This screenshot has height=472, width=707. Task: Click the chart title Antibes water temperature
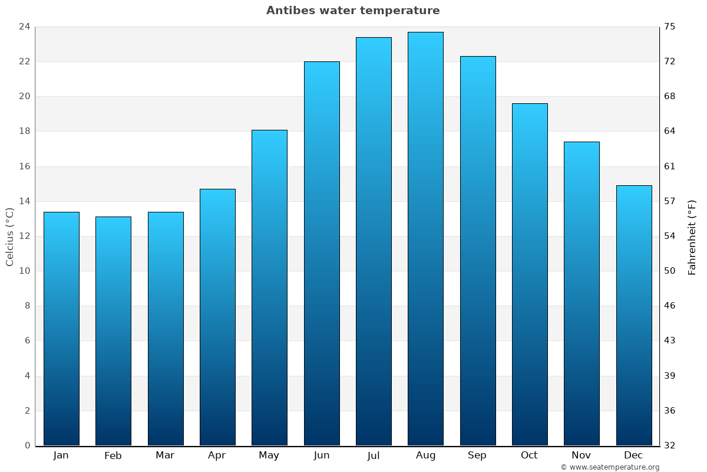353,11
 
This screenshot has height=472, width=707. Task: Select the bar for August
425,239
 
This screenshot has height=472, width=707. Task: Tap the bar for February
113,331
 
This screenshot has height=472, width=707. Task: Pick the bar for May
269,288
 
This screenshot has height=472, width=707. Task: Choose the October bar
530,274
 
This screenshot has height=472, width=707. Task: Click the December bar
634,316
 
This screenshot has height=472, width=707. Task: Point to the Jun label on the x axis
322,455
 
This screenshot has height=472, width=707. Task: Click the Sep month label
477,455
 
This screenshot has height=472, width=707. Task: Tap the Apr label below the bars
217,455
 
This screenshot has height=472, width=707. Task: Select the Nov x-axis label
581,455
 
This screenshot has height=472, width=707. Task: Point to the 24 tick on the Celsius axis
25,27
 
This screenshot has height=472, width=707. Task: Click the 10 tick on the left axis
25,271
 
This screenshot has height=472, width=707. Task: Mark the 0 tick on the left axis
27,445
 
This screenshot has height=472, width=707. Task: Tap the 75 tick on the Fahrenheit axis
670,27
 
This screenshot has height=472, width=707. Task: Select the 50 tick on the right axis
670,271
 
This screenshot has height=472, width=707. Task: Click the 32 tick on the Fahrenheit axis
670,445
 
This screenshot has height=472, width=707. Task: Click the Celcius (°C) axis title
10,237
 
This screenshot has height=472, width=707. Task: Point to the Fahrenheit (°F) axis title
692,237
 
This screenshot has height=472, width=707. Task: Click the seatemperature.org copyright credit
610,467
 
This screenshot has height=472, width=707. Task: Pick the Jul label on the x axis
374,455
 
